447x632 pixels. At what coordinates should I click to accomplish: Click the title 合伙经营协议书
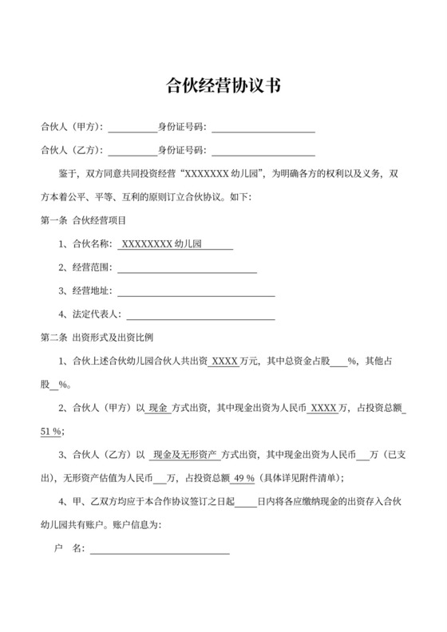(x=223, y=85)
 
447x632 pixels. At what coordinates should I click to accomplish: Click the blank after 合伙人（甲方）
(x=133, y=127)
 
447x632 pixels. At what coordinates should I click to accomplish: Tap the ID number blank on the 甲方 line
(x=263, y=127)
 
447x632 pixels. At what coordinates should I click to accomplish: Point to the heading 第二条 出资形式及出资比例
(x=102, y=338)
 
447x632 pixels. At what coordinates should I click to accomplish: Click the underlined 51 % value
(x=51, y=432)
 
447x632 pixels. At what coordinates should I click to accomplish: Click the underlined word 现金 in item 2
(x=158, y=409)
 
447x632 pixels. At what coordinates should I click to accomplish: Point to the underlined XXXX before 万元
(x=225, y=361)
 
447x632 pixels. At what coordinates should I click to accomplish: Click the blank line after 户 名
(x=160, y=549)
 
